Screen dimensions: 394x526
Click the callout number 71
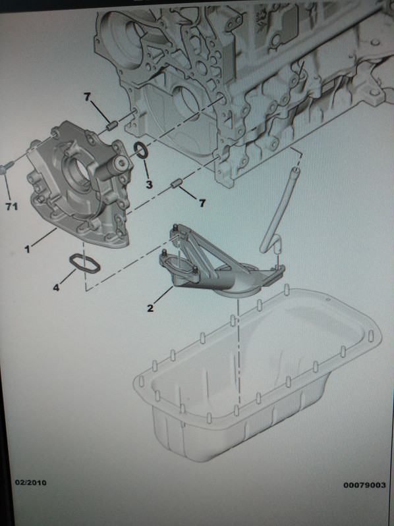tap(11, 206)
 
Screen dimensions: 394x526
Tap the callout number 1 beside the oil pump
tap(28, 249)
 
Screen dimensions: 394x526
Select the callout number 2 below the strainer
tap(150, 308)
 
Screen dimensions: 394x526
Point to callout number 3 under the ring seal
tap(149, 184)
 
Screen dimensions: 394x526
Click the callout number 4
tap(56, 288)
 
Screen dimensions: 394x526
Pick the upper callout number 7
tap(87, 97)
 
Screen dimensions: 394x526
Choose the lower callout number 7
tap(202, 203)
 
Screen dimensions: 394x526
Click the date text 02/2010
tap(31, 483)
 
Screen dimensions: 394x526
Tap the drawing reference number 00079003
tap(364, 485)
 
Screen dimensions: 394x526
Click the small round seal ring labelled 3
tap(140, 150)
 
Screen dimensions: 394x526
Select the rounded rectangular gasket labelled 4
tap(84, 264)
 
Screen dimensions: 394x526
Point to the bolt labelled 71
tap(7, 167)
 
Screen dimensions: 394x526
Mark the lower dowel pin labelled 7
tap(176, 183)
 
